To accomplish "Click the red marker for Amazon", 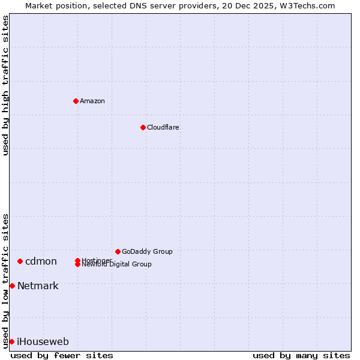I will tap(76, 101).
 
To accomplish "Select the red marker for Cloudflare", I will tap(143, 127).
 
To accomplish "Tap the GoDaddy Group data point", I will tap(118, 251).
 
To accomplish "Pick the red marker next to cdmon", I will tap(20, 261).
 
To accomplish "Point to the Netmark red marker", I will tap(12, 286).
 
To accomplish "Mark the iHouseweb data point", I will tap(11, 341).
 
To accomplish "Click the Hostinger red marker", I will tap(77, 260).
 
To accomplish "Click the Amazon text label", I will tap(92, 101).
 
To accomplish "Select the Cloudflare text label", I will tap(163, 127).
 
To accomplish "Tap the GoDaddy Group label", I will tap(147, 251).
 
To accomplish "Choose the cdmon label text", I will tap(41, 261).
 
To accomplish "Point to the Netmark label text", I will tap(38, 286).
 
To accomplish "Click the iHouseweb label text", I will tap(43, 341).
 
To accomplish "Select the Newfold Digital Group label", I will tap(117, 265).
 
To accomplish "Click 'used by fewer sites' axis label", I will tap(62, 355).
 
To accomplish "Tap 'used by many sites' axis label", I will tap(301, 355).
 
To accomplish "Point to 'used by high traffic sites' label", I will tap(5, 85).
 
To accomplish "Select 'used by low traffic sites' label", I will tap(5, 281).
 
